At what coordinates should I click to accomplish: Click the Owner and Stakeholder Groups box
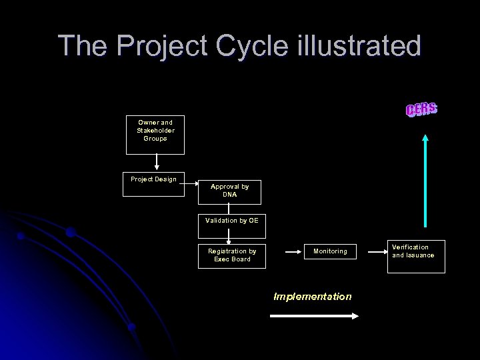[155, 135]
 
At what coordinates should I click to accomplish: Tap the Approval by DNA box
[229, 191]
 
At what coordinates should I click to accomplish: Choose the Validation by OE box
[231, 226]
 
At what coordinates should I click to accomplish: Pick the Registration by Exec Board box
[231, 256]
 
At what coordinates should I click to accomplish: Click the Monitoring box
[330, 252]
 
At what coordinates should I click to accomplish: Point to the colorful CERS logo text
[421, 110]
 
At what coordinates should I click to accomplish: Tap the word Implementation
[312, 297]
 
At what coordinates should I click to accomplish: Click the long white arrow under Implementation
[313, 317]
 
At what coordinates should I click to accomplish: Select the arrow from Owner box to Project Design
[156, 163]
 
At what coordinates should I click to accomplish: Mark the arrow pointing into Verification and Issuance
[377, 252]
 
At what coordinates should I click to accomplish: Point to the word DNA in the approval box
[229, 195]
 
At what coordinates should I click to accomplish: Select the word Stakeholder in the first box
[155, 131]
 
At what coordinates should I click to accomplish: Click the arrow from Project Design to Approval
[189, 181]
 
